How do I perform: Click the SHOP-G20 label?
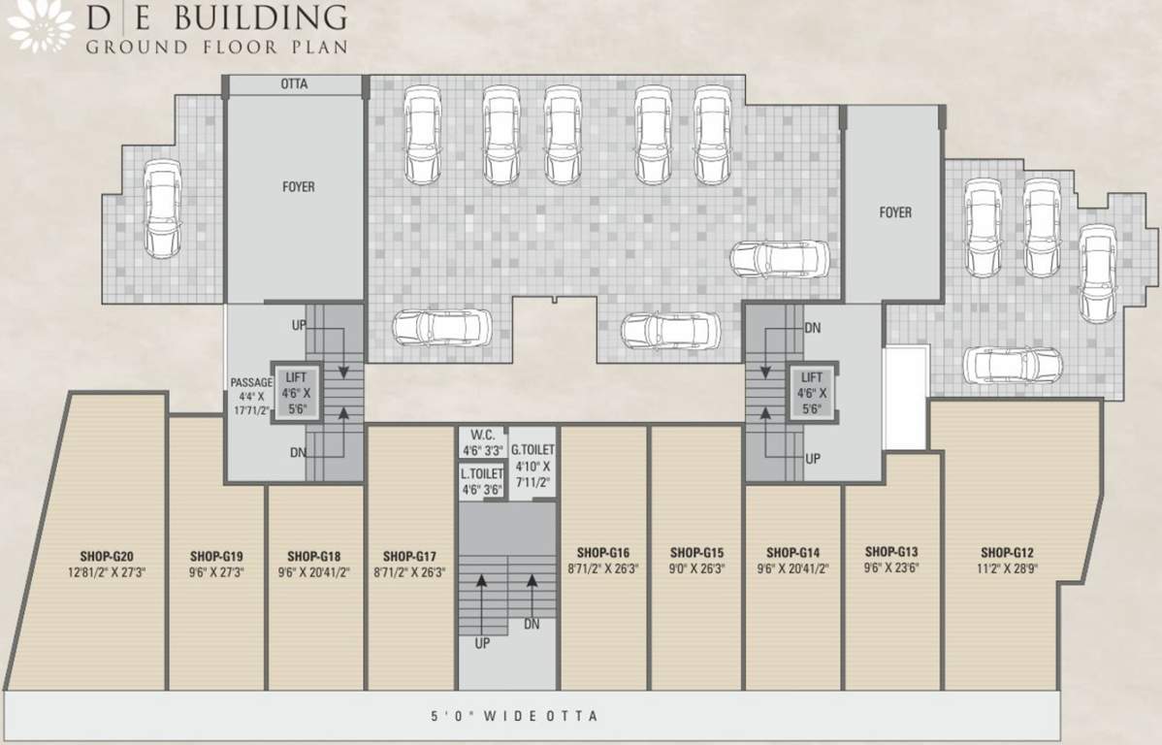107,556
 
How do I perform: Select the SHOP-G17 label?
409,556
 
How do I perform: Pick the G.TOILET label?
533,450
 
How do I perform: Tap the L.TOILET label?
482,473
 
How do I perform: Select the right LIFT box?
812,393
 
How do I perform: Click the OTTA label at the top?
294,84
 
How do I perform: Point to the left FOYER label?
298,186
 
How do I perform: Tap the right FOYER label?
894,211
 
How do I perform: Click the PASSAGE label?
251,382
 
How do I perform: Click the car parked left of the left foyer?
161,208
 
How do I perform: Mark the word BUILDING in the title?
271,17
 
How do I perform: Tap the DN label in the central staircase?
532,625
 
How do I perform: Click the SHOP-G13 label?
891,550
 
